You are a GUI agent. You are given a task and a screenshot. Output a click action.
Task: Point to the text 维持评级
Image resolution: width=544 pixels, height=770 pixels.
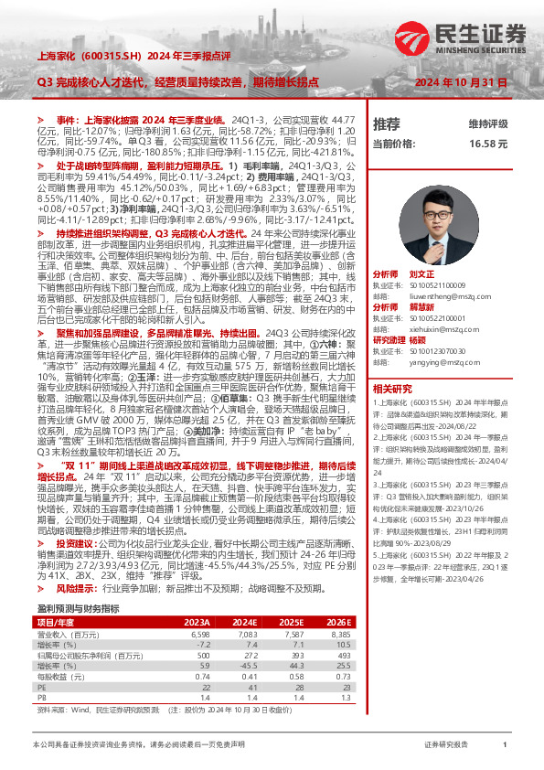click(487, 123)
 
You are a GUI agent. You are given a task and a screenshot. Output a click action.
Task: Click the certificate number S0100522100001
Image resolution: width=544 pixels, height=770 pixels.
click(444, 317)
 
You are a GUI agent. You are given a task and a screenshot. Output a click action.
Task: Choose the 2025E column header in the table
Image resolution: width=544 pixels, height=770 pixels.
click(292, 620)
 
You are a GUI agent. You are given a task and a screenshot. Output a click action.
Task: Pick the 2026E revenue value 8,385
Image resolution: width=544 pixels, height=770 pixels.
click(339, 633)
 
